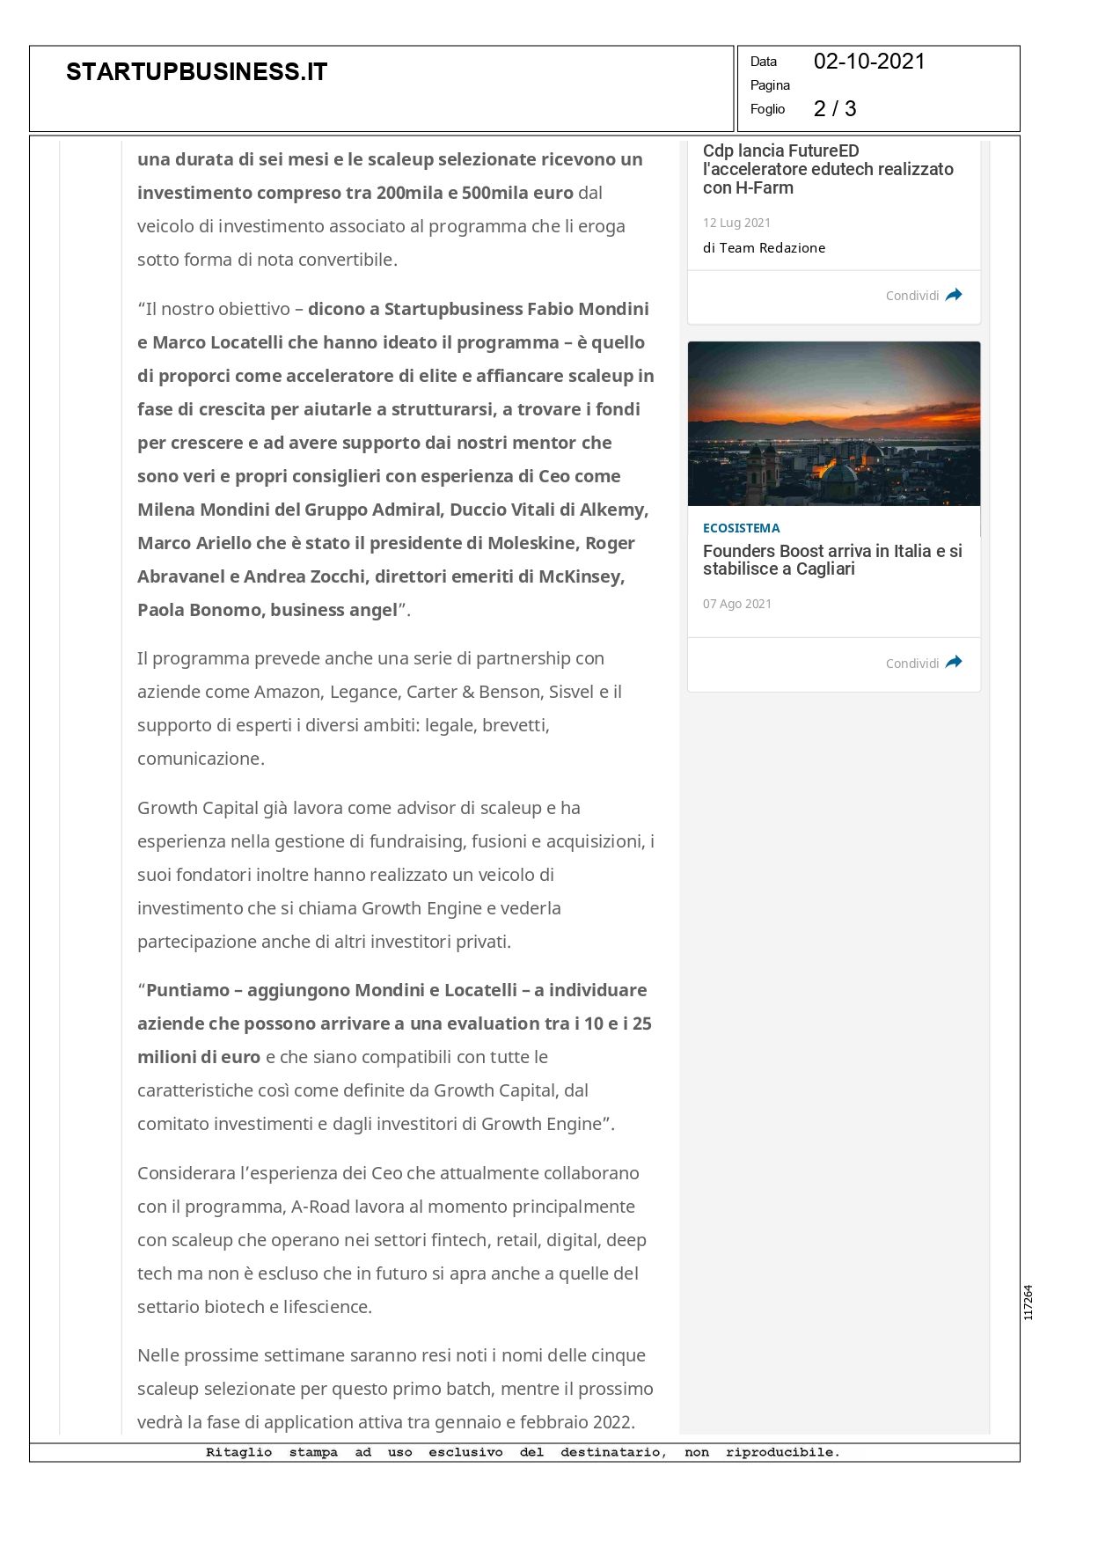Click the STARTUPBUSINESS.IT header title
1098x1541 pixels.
coord(196,72)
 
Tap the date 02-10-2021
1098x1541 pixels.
coord(868,62)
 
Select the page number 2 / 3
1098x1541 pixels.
coord(834,109)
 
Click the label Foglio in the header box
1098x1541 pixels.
coord(767,109)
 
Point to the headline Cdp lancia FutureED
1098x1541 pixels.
coord(780,151)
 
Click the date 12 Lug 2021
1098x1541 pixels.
coord(736,223)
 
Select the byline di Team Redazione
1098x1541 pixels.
coord(764,248)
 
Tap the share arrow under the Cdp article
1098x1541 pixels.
coord(954,295)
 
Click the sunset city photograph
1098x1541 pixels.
coord(833,423)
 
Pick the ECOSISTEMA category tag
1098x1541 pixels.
coord(741,528)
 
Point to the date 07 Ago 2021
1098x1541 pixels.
coord(736,604)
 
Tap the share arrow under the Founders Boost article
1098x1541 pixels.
coord(954,663)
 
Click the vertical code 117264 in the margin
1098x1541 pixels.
coord(1028,1302)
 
